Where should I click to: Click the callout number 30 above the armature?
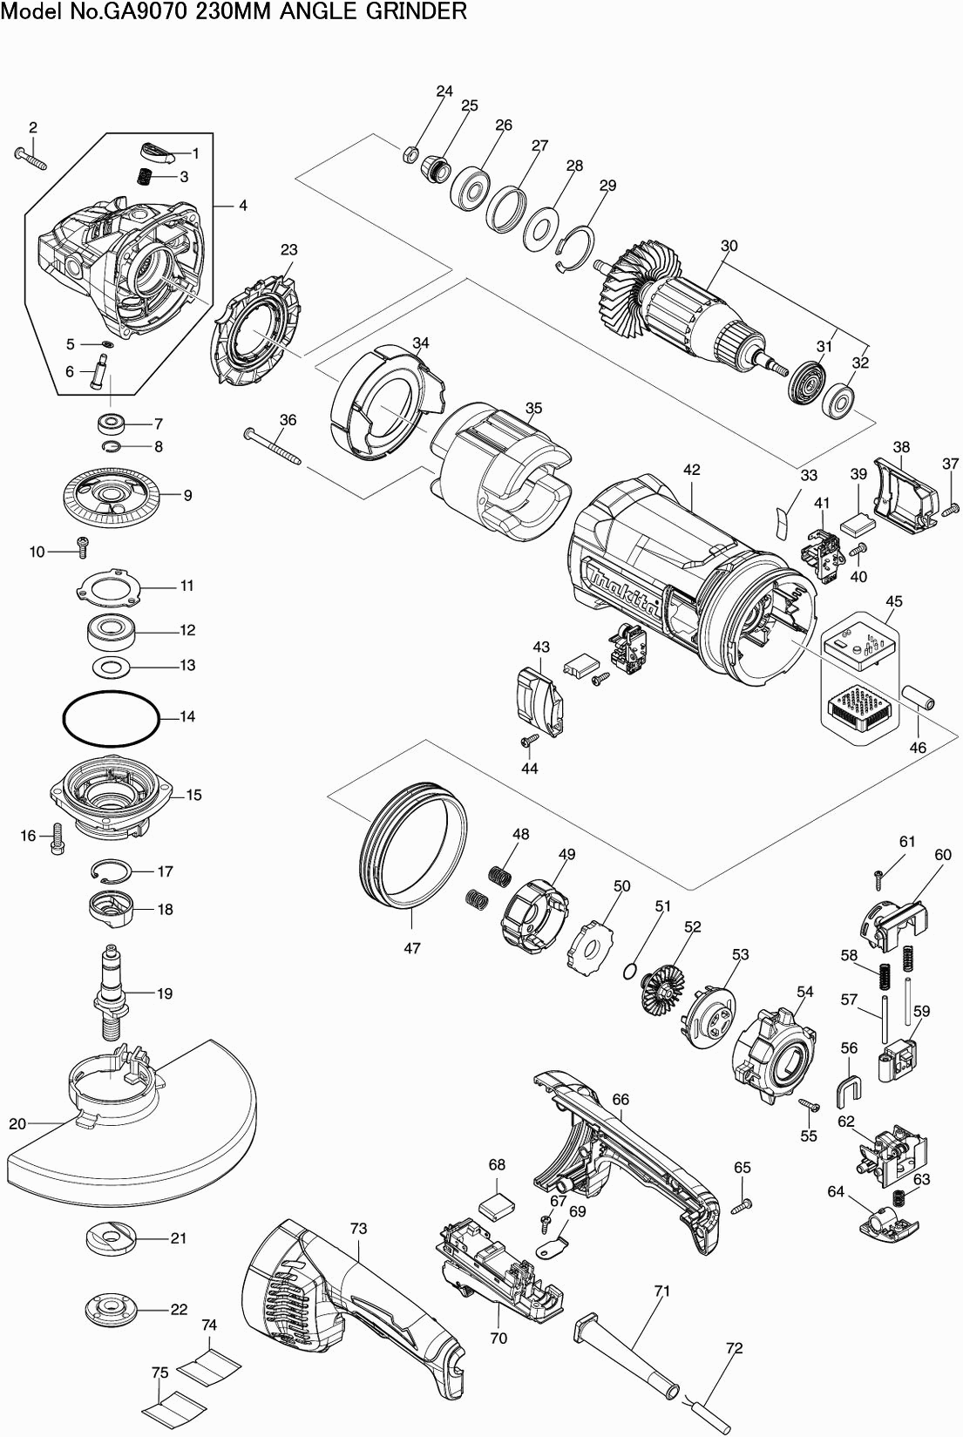point(729,246)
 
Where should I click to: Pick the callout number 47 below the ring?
point(411,947)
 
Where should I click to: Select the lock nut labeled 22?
point(112,1310)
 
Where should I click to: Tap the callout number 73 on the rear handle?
point(358,1229)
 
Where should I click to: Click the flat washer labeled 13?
point(111,668)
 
